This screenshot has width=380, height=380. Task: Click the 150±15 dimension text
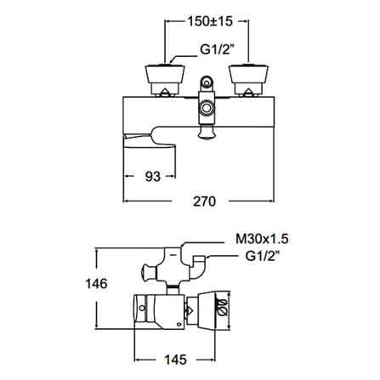coord(210,21)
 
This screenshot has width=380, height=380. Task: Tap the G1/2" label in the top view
coord(214,49)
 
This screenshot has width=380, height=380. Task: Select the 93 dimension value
coord(153,177)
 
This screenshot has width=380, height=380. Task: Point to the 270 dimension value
coord(204,201)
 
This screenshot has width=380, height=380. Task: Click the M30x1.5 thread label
coord(262,239)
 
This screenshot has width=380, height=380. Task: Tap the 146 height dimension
coord(97,283)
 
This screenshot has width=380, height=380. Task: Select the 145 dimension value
coord(175,360)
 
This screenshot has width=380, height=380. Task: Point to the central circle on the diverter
coord(207,108)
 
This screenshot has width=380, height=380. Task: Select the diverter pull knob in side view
coord(148,273)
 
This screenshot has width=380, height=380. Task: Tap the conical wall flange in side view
coord(207,312)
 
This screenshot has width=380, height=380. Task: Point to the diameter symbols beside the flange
coord(223,307)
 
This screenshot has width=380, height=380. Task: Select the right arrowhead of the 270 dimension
coord(271,201)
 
